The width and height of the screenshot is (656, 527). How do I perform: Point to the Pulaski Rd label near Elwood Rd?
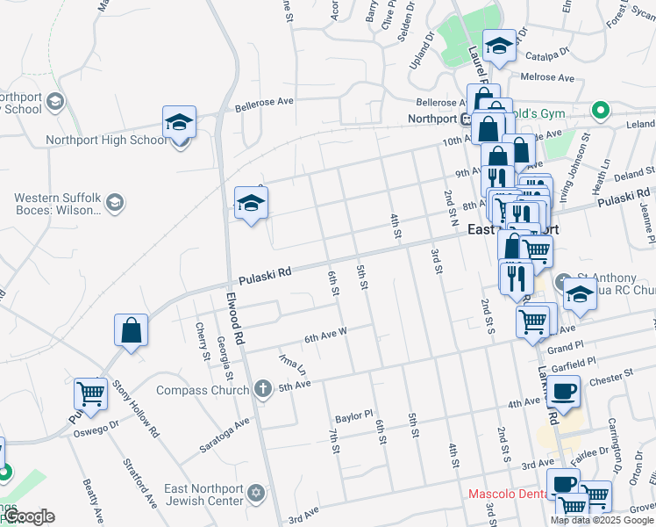(x=264, y=276)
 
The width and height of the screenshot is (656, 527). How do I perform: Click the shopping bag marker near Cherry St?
(x=131, y=331)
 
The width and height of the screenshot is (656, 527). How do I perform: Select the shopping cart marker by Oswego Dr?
(x=90, y=393)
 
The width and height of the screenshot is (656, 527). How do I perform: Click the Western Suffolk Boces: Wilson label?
(x=57, y=205)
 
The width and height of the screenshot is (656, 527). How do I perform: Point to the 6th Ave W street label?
(x=326, y=336)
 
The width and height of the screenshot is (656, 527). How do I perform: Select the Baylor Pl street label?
(x=354, y=413)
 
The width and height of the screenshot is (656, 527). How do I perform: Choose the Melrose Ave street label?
(x=545, y=77)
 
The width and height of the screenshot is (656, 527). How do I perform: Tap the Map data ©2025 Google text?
(x=603, y=519)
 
